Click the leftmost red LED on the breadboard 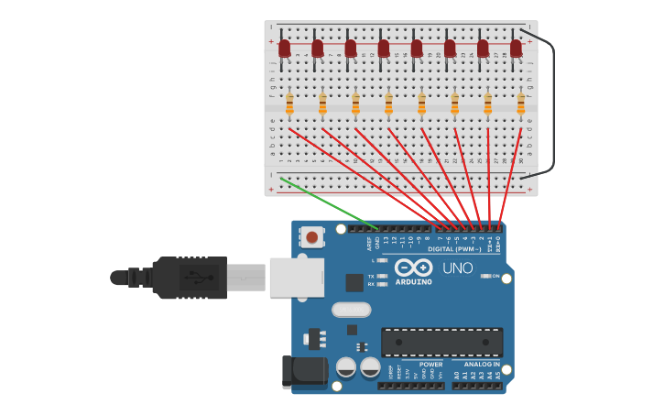[284, 48]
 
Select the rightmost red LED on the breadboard [516, 48]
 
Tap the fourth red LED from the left [384, 48]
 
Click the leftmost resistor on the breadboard [289, 103]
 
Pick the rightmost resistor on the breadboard [521, 103]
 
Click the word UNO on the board [457, 268]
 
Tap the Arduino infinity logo [414, 268]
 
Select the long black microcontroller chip [441, 342]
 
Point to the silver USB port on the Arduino [296, 277]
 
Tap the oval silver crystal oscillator [351, 310]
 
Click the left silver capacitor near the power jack [345, 367]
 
